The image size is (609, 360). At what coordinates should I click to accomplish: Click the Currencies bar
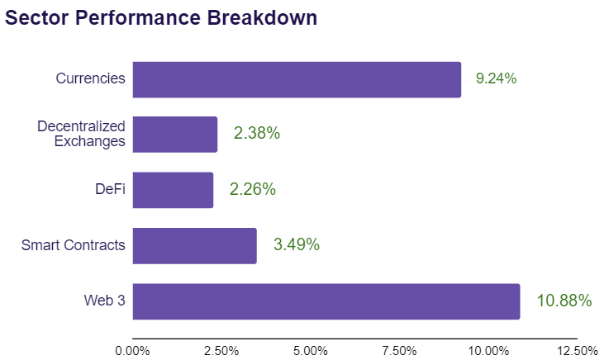point(297,79)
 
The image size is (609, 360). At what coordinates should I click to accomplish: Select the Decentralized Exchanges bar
point(175,135)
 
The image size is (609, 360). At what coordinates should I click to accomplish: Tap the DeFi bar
point(173,190)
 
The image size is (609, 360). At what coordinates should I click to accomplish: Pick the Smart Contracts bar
point(194,246)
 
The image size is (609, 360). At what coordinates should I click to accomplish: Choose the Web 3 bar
point(326,301)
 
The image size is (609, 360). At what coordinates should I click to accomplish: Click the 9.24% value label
point(496,78)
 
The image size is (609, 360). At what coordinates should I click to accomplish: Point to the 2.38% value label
point(257,133)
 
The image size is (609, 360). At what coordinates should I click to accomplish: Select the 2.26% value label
point(253,189)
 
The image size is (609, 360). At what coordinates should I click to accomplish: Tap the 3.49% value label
point(297,244)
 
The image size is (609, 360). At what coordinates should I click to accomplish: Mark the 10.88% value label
point(564,301)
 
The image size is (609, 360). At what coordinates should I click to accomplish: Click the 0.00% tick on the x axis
point(132,351)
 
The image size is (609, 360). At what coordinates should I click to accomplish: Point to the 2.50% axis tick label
point(221,351)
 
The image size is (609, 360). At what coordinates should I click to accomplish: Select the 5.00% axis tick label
point(311,351)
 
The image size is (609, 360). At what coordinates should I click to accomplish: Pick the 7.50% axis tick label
point(399,351)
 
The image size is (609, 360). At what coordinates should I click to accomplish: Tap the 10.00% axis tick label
point(488,351)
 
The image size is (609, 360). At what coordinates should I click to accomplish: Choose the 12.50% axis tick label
point(578,351)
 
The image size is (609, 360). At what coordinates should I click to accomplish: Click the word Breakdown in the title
point(262,18)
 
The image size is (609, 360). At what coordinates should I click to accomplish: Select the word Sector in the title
point(37,18)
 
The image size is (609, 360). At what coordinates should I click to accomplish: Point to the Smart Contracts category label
point(73,245)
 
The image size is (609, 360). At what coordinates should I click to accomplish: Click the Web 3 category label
point(104,301)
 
